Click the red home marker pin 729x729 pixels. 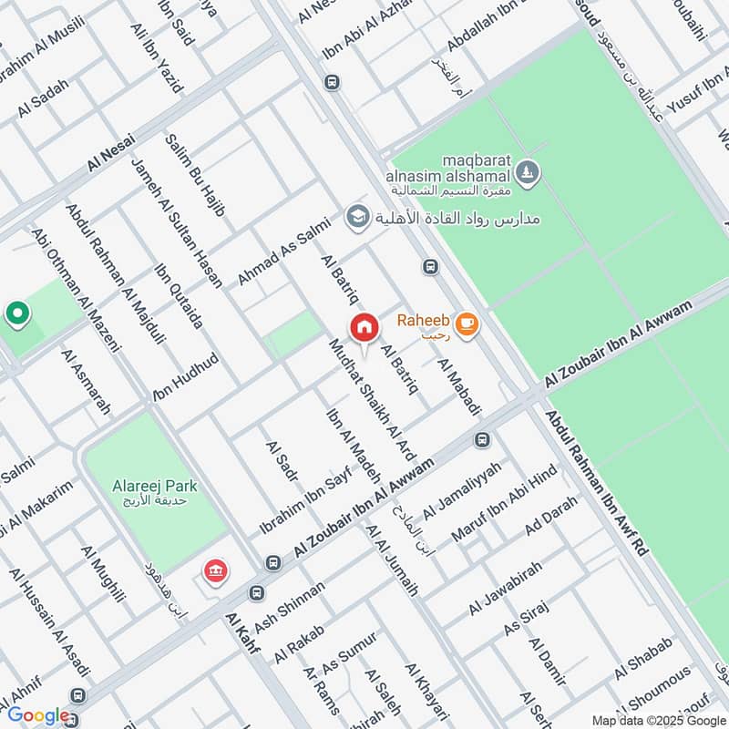click(364, 327)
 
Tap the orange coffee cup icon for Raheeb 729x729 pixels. click(466, 323)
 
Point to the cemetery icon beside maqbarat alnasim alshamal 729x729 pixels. click(528, 170)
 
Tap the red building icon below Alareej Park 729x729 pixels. click(217, 572)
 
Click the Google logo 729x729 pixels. click(38, 715)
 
